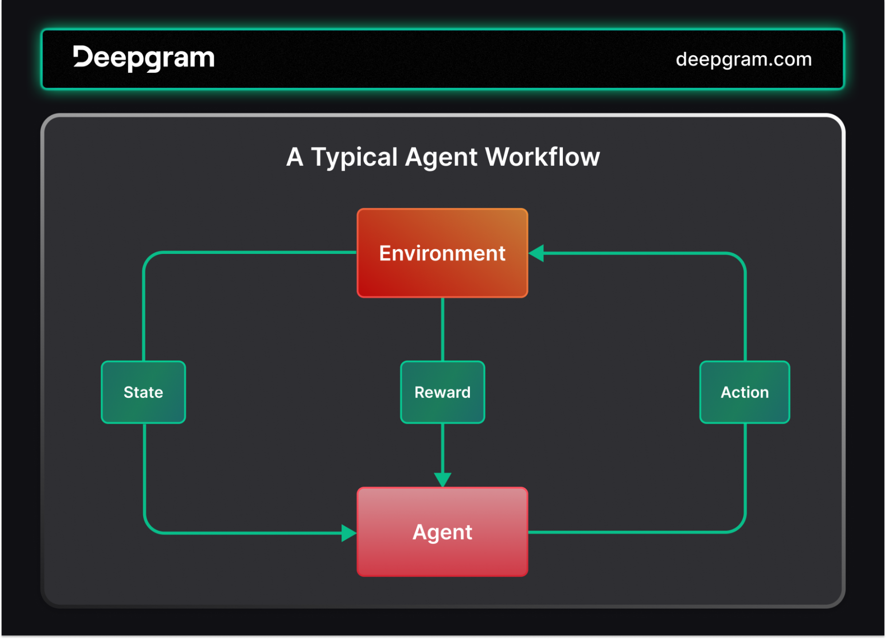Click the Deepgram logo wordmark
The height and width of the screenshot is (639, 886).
[144, 58]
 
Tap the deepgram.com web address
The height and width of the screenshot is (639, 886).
[744, 59]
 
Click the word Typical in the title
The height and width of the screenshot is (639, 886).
[354, 157]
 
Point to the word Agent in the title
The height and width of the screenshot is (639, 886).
[441, 158]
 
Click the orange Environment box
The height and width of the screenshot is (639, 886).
[442, 253]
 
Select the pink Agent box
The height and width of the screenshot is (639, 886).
[442, 532]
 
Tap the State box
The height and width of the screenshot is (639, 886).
[143, 392]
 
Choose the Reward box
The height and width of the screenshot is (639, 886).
[442, 392]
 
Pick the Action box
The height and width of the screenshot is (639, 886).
[745, 392]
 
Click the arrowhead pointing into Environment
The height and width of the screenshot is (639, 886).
[536, 253]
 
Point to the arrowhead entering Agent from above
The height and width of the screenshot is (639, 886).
[442, 480]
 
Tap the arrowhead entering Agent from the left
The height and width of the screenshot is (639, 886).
[349, 533]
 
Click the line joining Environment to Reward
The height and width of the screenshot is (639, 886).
[442, 329]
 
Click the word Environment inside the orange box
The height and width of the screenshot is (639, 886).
[442, 253]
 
